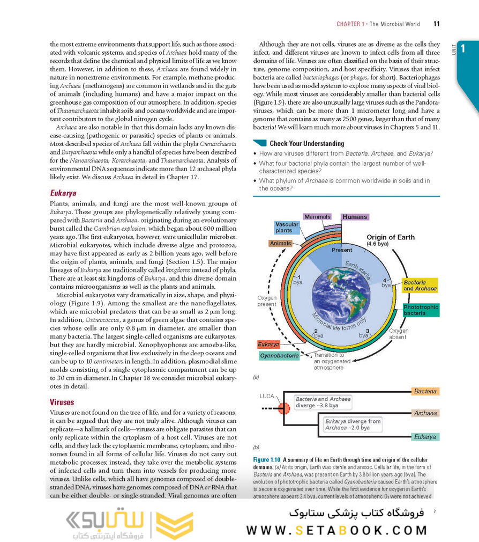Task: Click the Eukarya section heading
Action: click(x=63, y=193)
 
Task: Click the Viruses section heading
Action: click(x=62, y=402)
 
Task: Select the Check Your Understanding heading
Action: click(x=306, y=143)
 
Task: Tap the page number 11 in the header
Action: click(x=436, y=24)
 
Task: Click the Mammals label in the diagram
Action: click(x=317, y=217)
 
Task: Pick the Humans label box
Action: click(x=355, y=217)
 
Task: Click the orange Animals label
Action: click(x=280, y=243)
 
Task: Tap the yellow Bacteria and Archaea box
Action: click(x=420, y=285)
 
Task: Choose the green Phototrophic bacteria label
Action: click(x=421, y=310)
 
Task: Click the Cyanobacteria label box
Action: click(x=279, y=355)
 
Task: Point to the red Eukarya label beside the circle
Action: click(x=268, y=344)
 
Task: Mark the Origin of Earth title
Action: click(x=391, y=237)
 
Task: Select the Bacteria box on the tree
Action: click(x=425, y=392)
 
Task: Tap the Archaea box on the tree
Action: click(x=425, y=413)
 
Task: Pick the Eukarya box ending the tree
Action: click(x=425, y=437)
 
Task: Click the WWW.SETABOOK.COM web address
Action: click(x=336, y=530)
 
